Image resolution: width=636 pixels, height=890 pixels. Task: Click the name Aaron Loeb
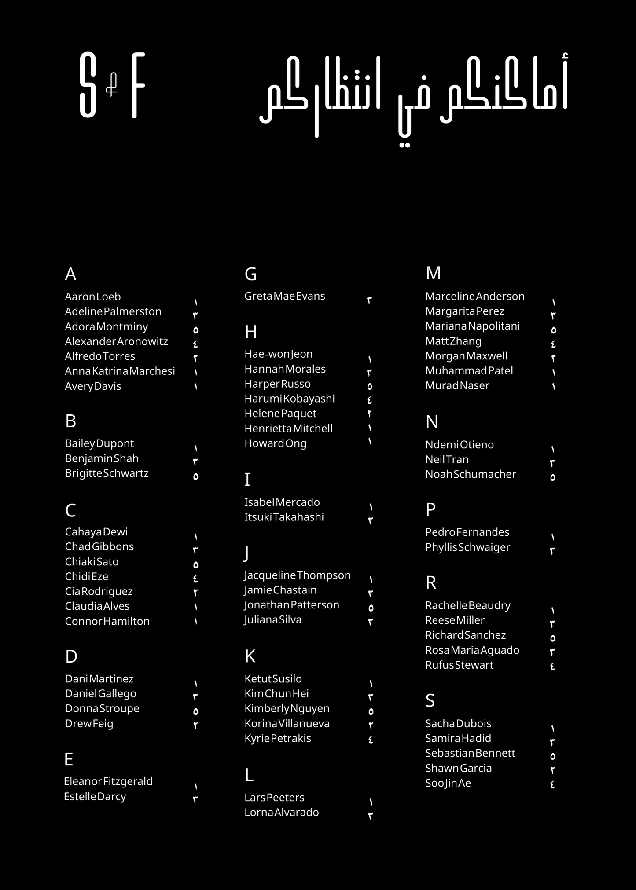click(x=93, y=297)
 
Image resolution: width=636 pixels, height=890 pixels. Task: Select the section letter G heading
click(x=250, y=274)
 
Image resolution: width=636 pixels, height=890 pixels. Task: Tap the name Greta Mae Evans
click(x=285, y=296)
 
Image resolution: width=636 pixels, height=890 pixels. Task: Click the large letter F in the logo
click(x=138, y=85)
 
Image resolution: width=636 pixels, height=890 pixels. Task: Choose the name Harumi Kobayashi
click(x=290, y=399)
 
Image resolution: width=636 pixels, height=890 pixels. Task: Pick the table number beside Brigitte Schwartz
click(x=195, y=476)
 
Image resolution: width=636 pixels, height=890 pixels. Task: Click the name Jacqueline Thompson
click(x=298, y=575)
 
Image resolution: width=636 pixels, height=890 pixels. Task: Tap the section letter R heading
click(x=431, y=582)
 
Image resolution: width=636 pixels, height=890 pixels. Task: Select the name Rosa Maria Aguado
click(x=472, y=650)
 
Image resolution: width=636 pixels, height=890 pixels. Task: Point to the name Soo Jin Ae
click(x=448, y=783)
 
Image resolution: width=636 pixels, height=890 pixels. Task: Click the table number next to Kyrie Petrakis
click(x=371, y=740)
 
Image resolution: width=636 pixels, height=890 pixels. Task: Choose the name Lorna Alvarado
click(x=282, y=813)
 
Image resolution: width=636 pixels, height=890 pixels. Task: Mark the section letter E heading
click(x=69, y=759)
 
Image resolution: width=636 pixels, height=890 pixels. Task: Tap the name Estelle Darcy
click(x=95, y=797)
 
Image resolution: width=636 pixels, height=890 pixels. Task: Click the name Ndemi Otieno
click(x=460, y=445)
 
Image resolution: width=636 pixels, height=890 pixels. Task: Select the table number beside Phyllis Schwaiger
click(x=552, y=550)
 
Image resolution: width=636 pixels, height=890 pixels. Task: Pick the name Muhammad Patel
click(x=469, y=371)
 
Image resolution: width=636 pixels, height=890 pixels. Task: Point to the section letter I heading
click(x=247, y=480)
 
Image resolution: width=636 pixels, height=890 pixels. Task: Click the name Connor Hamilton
click(x=107, y=621)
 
